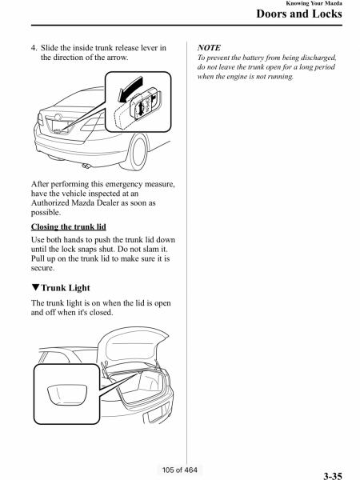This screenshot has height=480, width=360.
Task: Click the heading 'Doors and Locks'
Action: [x=299, y=14]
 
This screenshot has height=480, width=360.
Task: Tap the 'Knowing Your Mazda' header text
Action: [x=314, y=3]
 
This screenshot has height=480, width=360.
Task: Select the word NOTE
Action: [x=209, y=48]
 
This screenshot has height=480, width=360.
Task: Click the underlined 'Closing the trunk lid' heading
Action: [x=69, y=226]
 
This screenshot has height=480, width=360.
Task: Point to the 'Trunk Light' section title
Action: [x=66, y=288]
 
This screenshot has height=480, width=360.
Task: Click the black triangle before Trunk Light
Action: [x=35, y=287]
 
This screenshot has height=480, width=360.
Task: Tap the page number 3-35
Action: [x=333, y=476]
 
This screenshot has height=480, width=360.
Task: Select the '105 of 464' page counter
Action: [x=180, y=470]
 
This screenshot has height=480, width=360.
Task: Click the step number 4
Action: [x=34, y=48]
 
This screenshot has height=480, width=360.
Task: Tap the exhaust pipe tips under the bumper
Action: [x=86, y=166]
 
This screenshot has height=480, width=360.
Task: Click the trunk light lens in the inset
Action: [x=67, y=394]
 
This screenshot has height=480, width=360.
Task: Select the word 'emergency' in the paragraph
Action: [x=124, y=184]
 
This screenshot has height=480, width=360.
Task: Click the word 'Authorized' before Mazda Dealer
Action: [x=50, y=203]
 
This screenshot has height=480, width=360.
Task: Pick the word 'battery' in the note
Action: [x=260, y=58]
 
